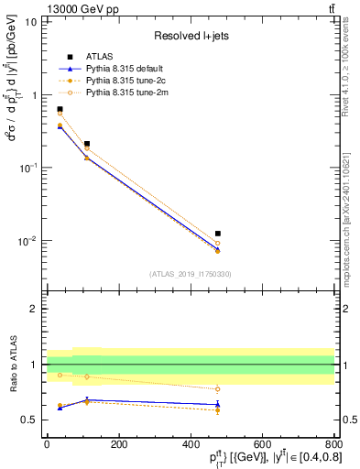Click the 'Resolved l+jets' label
click(x=191, y=35)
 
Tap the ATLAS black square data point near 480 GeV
click(x=217, y=234)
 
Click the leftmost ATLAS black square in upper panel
click(x=60, y=109)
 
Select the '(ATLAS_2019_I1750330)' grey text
click(x=191, y=273)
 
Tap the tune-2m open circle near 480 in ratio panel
click(x=217, y=389)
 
